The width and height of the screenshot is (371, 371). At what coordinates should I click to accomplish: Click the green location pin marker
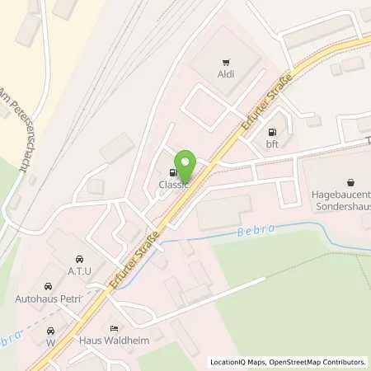point(186,167)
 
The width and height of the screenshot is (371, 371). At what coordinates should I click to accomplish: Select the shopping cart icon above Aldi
point(226,61)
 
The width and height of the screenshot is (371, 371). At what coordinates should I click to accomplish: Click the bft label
point(271,145)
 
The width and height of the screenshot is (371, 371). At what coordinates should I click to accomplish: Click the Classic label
point(174,185)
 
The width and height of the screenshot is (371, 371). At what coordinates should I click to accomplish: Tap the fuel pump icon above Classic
point(172,172)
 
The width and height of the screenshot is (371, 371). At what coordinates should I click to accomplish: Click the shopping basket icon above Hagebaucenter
point(351,181)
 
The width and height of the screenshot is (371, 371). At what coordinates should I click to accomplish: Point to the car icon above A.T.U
point(78,259)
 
